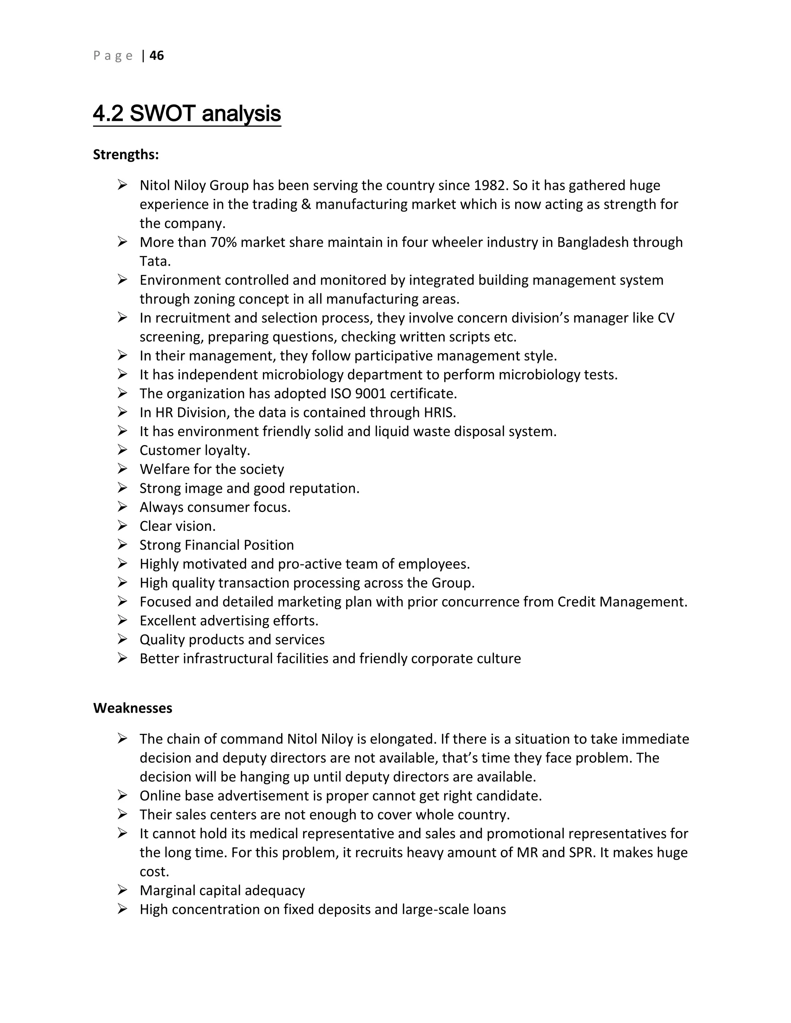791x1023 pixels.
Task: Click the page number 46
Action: pos(156,56)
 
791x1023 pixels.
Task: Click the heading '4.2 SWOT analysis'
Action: pos(187,114)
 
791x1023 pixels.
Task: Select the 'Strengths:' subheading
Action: pos(126,154)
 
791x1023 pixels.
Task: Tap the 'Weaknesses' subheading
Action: pos(132,708)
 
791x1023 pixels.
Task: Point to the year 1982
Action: pos(490,185)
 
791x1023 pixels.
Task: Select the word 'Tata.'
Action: pos(155,261)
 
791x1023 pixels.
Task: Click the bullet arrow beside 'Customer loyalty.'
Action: pos(122,450)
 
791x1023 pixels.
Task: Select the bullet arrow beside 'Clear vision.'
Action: pos(122,526)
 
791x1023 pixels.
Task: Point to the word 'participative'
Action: pos(394,356)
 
